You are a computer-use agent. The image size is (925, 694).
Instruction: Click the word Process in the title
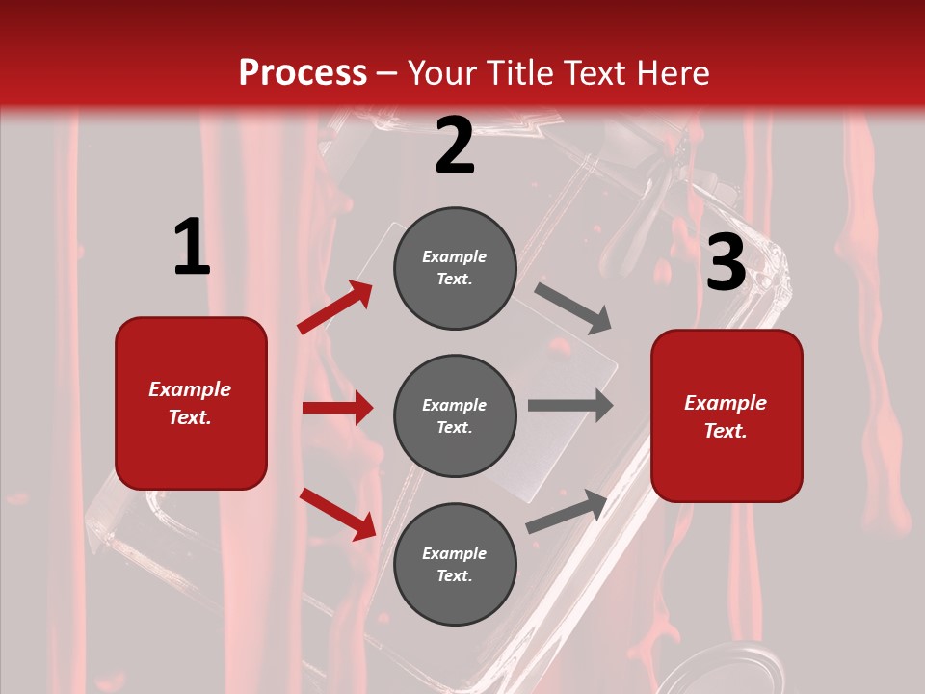[303, 72]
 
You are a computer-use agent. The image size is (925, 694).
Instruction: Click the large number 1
[192, 248]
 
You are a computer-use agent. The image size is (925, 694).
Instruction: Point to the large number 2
[455, 147]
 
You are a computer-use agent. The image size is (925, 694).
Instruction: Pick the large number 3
[727, 262]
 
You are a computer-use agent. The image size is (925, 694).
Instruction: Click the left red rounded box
[191, 403]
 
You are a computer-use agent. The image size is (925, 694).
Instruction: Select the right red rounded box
[727, 415]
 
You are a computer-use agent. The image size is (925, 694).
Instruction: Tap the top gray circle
[455, 268]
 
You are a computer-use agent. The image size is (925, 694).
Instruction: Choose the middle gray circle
[455, 416]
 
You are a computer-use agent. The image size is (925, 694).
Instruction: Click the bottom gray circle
[455, 565]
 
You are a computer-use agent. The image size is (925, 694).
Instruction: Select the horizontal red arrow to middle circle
[337, 408]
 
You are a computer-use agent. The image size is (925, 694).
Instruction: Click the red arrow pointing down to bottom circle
[337, 513]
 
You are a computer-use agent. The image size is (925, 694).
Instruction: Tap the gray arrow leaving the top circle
[573, 307]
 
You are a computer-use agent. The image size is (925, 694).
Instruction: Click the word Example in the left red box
[190, 389]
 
